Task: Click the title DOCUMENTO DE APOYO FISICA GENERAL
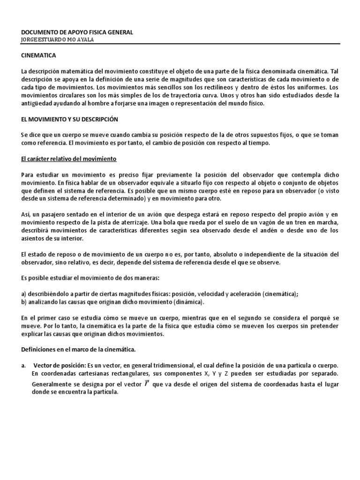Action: (77, 32)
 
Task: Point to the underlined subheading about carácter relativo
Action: (68, 159)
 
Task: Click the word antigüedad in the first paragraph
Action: (37, 104)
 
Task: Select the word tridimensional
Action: (180, 366)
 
